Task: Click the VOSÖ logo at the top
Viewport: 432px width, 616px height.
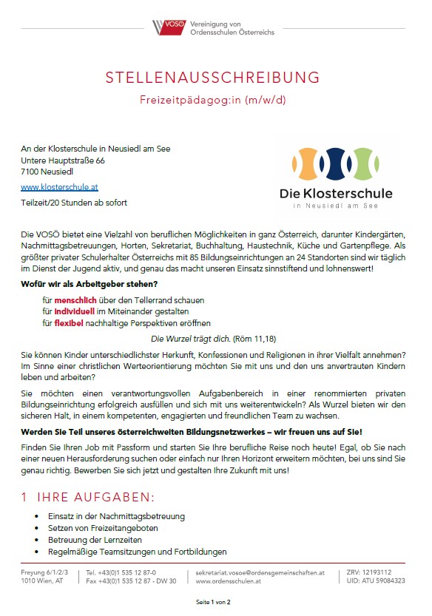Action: click(x=165, y=27)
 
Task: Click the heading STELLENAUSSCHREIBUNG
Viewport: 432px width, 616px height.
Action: click(x=213, y=78)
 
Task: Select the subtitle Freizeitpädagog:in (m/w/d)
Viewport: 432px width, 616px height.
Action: click(x=213, y=98)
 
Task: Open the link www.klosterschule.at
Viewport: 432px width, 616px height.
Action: click(x=59, y=188)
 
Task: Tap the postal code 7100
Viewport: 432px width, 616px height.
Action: click(x=30, y=172)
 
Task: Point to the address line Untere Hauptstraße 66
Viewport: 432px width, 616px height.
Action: click(x=63, y=160)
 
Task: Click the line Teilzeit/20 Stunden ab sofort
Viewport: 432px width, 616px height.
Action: click(x=68, y=202)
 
